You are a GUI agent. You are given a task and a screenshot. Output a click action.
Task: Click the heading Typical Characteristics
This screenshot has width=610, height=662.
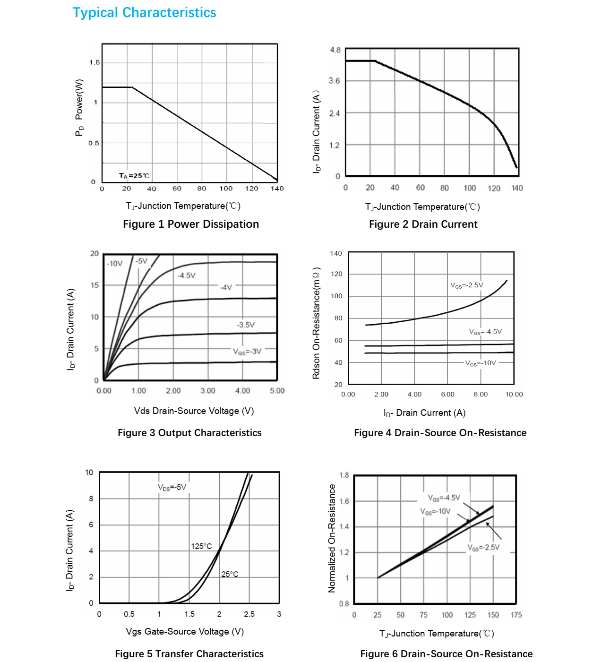pos(144,13)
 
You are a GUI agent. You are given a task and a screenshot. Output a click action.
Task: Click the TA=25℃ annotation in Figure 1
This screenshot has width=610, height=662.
pos(134,176)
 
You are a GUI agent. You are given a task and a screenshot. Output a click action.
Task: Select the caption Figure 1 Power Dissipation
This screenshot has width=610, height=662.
pos(191,224)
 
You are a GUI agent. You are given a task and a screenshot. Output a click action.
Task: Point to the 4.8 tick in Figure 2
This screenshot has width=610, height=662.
pos(335,50)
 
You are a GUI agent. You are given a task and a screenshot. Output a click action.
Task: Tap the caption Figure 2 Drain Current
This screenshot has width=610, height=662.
pos(423,224)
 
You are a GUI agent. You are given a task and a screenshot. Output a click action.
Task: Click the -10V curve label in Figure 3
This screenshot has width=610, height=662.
pos(114,264)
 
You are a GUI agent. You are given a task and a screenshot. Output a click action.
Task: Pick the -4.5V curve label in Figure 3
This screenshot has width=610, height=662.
pos(186,275)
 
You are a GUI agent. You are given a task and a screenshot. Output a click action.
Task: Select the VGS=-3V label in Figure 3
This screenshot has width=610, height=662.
pos(247,352)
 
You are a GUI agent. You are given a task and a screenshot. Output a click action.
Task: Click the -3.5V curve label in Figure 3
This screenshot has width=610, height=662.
pos(245,325)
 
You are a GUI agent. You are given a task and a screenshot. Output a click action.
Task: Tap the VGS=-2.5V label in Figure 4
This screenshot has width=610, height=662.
pos(466,285)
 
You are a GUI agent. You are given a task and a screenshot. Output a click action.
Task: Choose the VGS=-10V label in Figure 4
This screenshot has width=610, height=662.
pos(481,363)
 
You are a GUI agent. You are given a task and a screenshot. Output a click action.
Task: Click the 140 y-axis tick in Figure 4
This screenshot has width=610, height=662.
pos(336,253)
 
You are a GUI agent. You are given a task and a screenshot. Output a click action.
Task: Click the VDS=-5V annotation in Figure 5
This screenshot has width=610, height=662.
pos(172,488)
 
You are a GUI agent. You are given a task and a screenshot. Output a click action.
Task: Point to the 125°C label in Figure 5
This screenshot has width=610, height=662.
pos(201,546)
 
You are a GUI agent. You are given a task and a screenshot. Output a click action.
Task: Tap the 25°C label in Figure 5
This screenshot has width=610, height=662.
pos(230,574)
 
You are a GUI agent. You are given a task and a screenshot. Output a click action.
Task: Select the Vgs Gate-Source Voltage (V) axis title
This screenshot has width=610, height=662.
pos(185,632)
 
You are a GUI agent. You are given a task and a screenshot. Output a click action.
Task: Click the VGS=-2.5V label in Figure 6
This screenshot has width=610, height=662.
pos(483,548)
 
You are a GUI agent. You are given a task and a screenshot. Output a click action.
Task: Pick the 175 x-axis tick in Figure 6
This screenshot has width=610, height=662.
pos(516,615)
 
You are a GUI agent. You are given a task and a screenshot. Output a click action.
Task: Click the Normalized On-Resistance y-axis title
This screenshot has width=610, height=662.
pos(332,538)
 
